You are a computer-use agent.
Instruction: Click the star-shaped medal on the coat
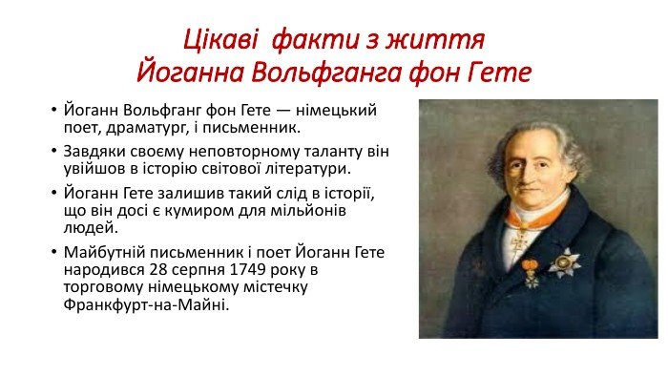565,261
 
